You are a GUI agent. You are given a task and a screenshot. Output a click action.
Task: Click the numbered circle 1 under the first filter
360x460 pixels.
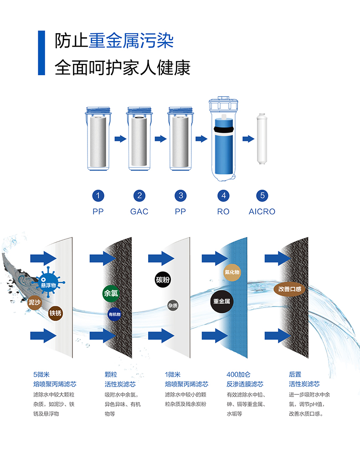[98, 196]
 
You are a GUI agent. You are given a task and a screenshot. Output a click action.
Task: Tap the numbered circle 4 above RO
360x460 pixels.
[223, 196]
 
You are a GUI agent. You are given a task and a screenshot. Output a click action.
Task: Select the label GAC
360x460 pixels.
[139, 212]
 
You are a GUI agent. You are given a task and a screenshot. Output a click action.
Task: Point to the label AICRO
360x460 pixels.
[262, 212]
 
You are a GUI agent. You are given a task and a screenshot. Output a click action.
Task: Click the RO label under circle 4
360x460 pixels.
[223, 212]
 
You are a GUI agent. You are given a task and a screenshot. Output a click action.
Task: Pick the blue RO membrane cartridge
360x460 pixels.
[223, 146]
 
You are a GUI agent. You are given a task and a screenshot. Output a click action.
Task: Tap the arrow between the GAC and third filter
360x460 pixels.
[160, 139]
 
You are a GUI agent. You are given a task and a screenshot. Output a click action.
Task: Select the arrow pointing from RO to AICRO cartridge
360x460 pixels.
[248, 139]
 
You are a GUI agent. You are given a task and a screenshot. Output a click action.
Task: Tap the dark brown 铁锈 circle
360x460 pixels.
[56, 313]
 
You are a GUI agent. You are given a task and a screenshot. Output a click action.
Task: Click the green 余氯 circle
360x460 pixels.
[111, 293]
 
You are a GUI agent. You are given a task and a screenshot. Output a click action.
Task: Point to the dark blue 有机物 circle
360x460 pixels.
[114, 314]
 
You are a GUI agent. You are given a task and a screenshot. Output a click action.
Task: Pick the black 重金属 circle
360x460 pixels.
[222, 301]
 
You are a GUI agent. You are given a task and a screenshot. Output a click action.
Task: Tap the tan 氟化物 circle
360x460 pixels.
[232, 272]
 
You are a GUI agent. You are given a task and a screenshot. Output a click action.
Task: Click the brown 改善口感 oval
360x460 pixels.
[290, 289]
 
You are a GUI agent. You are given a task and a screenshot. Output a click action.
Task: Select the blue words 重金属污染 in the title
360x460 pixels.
[131, 41]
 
